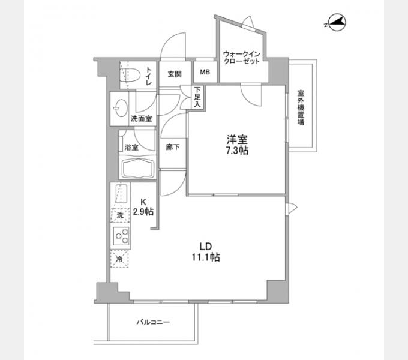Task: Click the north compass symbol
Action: [x=337, y=22]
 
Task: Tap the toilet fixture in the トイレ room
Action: [x=130, y=75]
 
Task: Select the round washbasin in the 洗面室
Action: [x=121, y=109]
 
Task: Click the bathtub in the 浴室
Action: [x=137, y=168]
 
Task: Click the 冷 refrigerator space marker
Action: [x=119, y=259]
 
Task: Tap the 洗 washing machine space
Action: [x=120, y=215]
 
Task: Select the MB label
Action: [x=205, y=72]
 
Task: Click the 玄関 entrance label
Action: [x=175, y=74]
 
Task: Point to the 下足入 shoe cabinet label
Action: [x=197, y=97]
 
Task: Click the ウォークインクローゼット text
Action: [x=242, y=58]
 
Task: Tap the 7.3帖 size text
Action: [x=237, y=151]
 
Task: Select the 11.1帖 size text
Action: [x=206, y=257]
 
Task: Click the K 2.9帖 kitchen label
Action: [x=143, y=207]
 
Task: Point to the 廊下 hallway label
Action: [x=173, y=147]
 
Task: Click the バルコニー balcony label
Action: [x=154, y=322]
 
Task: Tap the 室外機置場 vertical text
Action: [x=301, y=107]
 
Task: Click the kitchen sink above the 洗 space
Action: [x=121, y=194]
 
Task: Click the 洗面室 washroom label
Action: [x=141, y=119]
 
